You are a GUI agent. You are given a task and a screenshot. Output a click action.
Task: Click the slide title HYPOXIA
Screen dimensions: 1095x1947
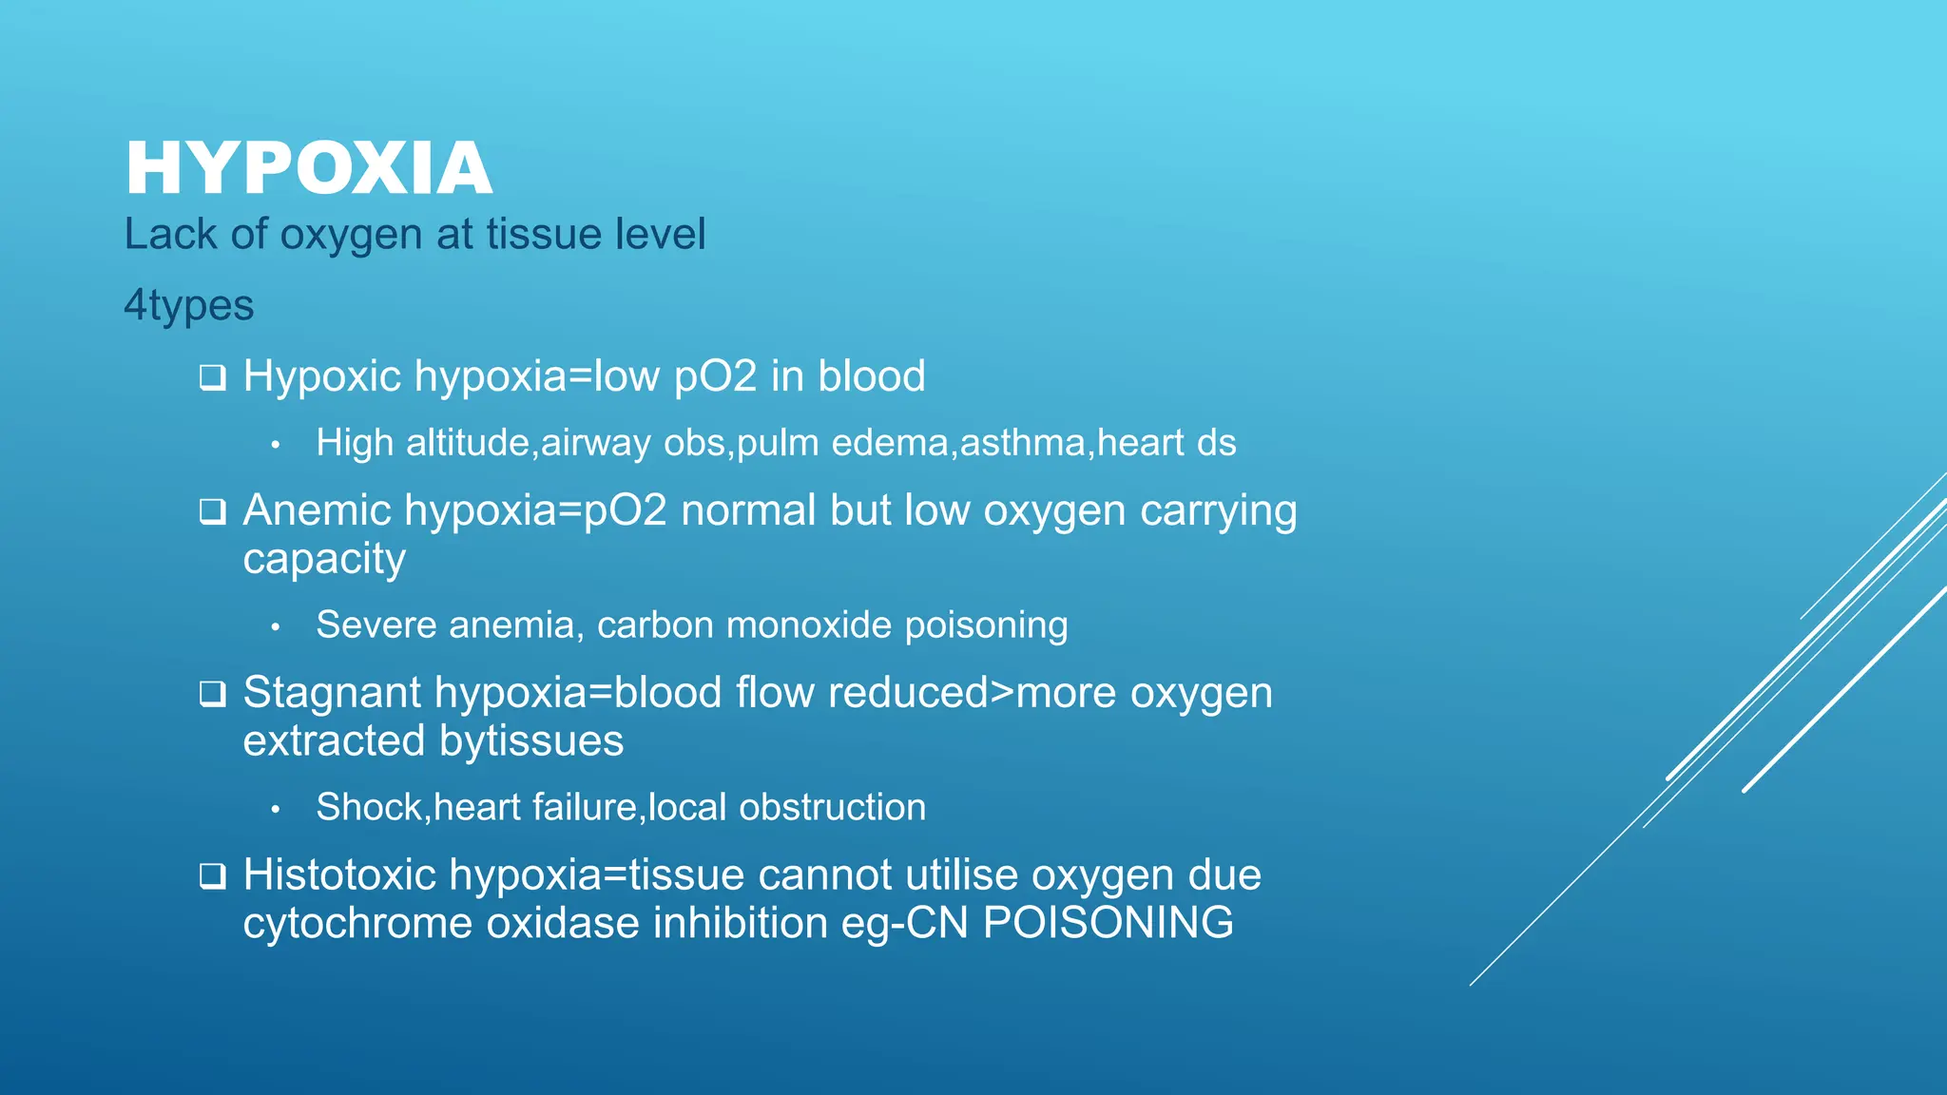[309, 169]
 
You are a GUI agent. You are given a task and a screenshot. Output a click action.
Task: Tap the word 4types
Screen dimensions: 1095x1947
[189, 306]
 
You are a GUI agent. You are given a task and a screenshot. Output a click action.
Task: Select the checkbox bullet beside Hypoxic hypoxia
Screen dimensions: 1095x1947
[213, 378]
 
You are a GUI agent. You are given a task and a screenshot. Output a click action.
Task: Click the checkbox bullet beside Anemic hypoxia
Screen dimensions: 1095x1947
[213, 512]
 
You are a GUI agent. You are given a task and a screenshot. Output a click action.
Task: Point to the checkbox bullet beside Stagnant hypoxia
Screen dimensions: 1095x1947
[213, 695]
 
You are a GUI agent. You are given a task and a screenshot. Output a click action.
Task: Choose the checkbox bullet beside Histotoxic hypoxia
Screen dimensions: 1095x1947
[213, 876]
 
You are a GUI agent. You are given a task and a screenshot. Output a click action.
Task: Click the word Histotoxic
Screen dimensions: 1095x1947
[338, 875]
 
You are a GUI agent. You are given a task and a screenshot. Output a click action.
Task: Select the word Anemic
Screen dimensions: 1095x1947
[317, 510]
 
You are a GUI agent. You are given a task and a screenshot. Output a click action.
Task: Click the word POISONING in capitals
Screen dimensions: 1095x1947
[1108, 923]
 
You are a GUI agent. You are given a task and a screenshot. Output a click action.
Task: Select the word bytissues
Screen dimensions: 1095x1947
[531, 741]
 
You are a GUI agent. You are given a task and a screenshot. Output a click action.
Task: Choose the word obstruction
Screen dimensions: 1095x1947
[832, 807]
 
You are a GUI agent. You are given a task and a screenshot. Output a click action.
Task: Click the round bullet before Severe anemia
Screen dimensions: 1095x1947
[275, 626]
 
